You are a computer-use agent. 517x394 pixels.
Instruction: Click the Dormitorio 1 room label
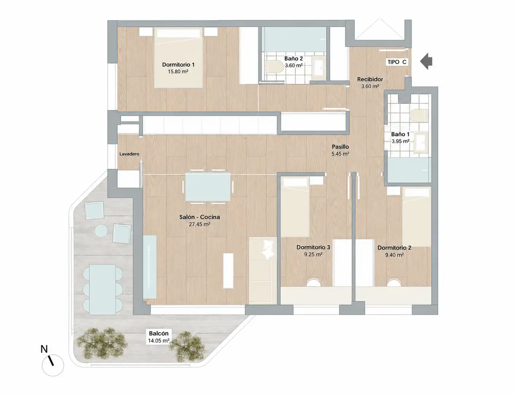pyautogui.click(x=178, y=65)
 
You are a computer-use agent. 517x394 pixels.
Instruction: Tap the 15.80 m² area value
pyautogui.click(x=178, y=72)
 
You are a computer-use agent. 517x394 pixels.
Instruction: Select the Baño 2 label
pyautogui.click(x=293, y=58)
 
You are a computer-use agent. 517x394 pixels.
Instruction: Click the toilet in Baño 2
pyautogui.click(x=274, y=66)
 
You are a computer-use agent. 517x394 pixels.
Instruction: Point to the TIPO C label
pyautogui.click(x=397, y=62)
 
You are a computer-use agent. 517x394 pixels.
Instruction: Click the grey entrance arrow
pyautogui.click(x=426, y=61)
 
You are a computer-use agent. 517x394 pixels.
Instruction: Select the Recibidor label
pyautogui.click(x=370, y=79)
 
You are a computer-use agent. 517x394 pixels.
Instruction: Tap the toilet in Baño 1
pyautogui.click(x=419, y=115)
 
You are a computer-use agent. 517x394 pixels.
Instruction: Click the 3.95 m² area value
pyautogui.click(x=400, y=141)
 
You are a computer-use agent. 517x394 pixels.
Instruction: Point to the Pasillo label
pyautogui.click(x=340, y=147)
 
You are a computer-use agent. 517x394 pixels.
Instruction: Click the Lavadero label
pyautogui.click(x=129, y=154)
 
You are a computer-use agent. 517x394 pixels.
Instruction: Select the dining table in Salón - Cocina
pyautogui.click(x=208, y=187)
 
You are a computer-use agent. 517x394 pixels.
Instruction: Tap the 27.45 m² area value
pyautogui.click(x=200, y=224)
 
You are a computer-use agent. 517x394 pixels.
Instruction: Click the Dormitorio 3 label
pyautogui.click(x=313, y=247)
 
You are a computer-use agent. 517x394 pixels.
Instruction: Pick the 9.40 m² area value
pyautogui.click(x=394, y=255)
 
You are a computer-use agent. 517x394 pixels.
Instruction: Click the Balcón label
pyautogui.click(x=159, y=333)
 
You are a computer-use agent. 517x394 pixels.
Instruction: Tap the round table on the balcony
pyautogui.click(x=101, y=231)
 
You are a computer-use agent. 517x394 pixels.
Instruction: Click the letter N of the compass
pyautogui.click(x=44, y=349)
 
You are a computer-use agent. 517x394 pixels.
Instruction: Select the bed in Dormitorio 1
pyautogui.click(x=178, y=58)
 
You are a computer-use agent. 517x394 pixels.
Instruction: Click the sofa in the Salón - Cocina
pyautogui.click(x=263, y=271)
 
